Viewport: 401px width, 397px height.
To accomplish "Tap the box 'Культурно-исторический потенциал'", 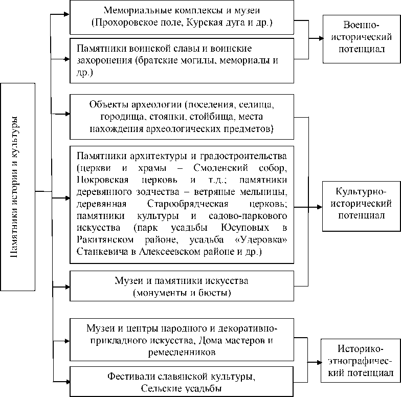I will pos(361,204).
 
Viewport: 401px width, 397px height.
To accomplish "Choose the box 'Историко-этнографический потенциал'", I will pos(361,361).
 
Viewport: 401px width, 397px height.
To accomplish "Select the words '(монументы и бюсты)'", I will pos(182,293).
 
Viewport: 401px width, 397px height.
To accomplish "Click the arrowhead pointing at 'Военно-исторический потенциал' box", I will pos(318,38).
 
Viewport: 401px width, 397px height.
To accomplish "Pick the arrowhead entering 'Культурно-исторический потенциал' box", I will pos(318,207).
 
